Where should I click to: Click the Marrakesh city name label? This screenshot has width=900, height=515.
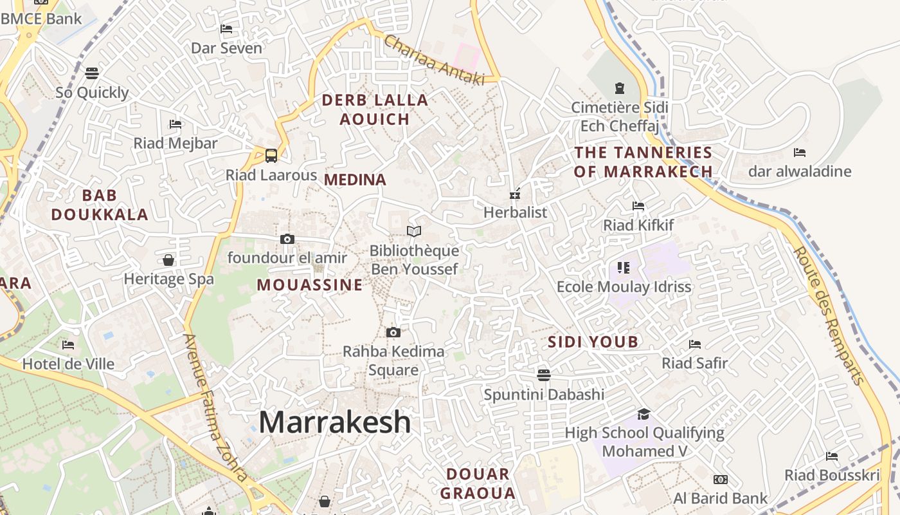(x=334, y=422)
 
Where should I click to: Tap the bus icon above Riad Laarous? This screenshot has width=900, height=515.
(x=271, y=155)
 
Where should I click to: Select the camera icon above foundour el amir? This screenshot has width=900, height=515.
(x=287, y=239)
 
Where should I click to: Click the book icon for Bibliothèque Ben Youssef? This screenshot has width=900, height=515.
(x=414, y=231)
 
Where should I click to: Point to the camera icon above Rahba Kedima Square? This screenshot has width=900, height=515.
(x=393, y=333)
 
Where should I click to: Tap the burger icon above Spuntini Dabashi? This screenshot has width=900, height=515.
(x=544, y=375)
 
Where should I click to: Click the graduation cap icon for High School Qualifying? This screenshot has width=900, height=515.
(x=643, y=414)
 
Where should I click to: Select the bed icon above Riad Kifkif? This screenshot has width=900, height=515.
(x=638, y=206)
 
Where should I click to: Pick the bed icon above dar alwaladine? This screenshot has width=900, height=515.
(x=800, y=153)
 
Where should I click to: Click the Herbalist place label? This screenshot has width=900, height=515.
(x=515, y=212)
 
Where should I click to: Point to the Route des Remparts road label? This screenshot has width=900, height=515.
(x=829, y=315)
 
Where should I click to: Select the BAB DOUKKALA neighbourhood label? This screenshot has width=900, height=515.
(x=100, y=205)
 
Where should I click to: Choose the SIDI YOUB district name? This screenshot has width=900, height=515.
(x=593, y=342)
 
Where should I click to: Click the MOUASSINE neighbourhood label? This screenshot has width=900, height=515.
(x=310, y=285)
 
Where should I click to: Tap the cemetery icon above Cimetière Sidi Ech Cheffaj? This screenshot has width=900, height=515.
(x=620, y=88)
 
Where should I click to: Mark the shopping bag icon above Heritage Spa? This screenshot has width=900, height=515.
(x=168, y=260)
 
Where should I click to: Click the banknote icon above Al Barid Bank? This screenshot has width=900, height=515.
(x=720, y=480)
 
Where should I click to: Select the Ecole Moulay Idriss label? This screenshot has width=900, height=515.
(x=624, y=287)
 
